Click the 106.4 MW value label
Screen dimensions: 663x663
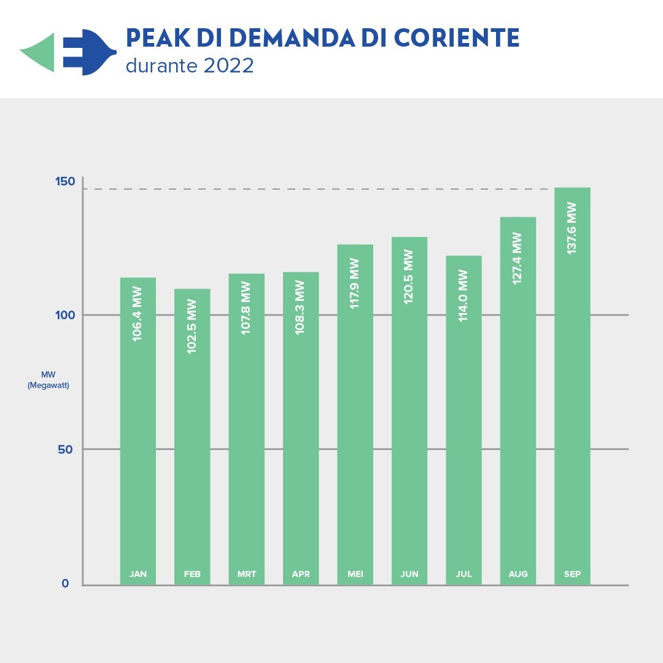(x=137, y=314)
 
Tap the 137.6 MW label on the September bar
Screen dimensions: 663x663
(x=572, y=228)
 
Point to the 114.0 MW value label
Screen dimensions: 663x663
(x=463, y=296)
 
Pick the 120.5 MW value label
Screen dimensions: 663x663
(x=409, y=276)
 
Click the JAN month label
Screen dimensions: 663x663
(x=138, y=575)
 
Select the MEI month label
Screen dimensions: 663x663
(x=355, y=575)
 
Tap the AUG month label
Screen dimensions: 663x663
(x=518, y=575)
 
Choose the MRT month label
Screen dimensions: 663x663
(x=246, y=575)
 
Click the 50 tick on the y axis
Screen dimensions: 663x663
(x=65, y=449)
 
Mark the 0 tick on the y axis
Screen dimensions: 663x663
(x=65, y=584)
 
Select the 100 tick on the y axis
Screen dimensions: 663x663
(x=65, y=315)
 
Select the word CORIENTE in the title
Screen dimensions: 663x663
(x=457, y=38)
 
